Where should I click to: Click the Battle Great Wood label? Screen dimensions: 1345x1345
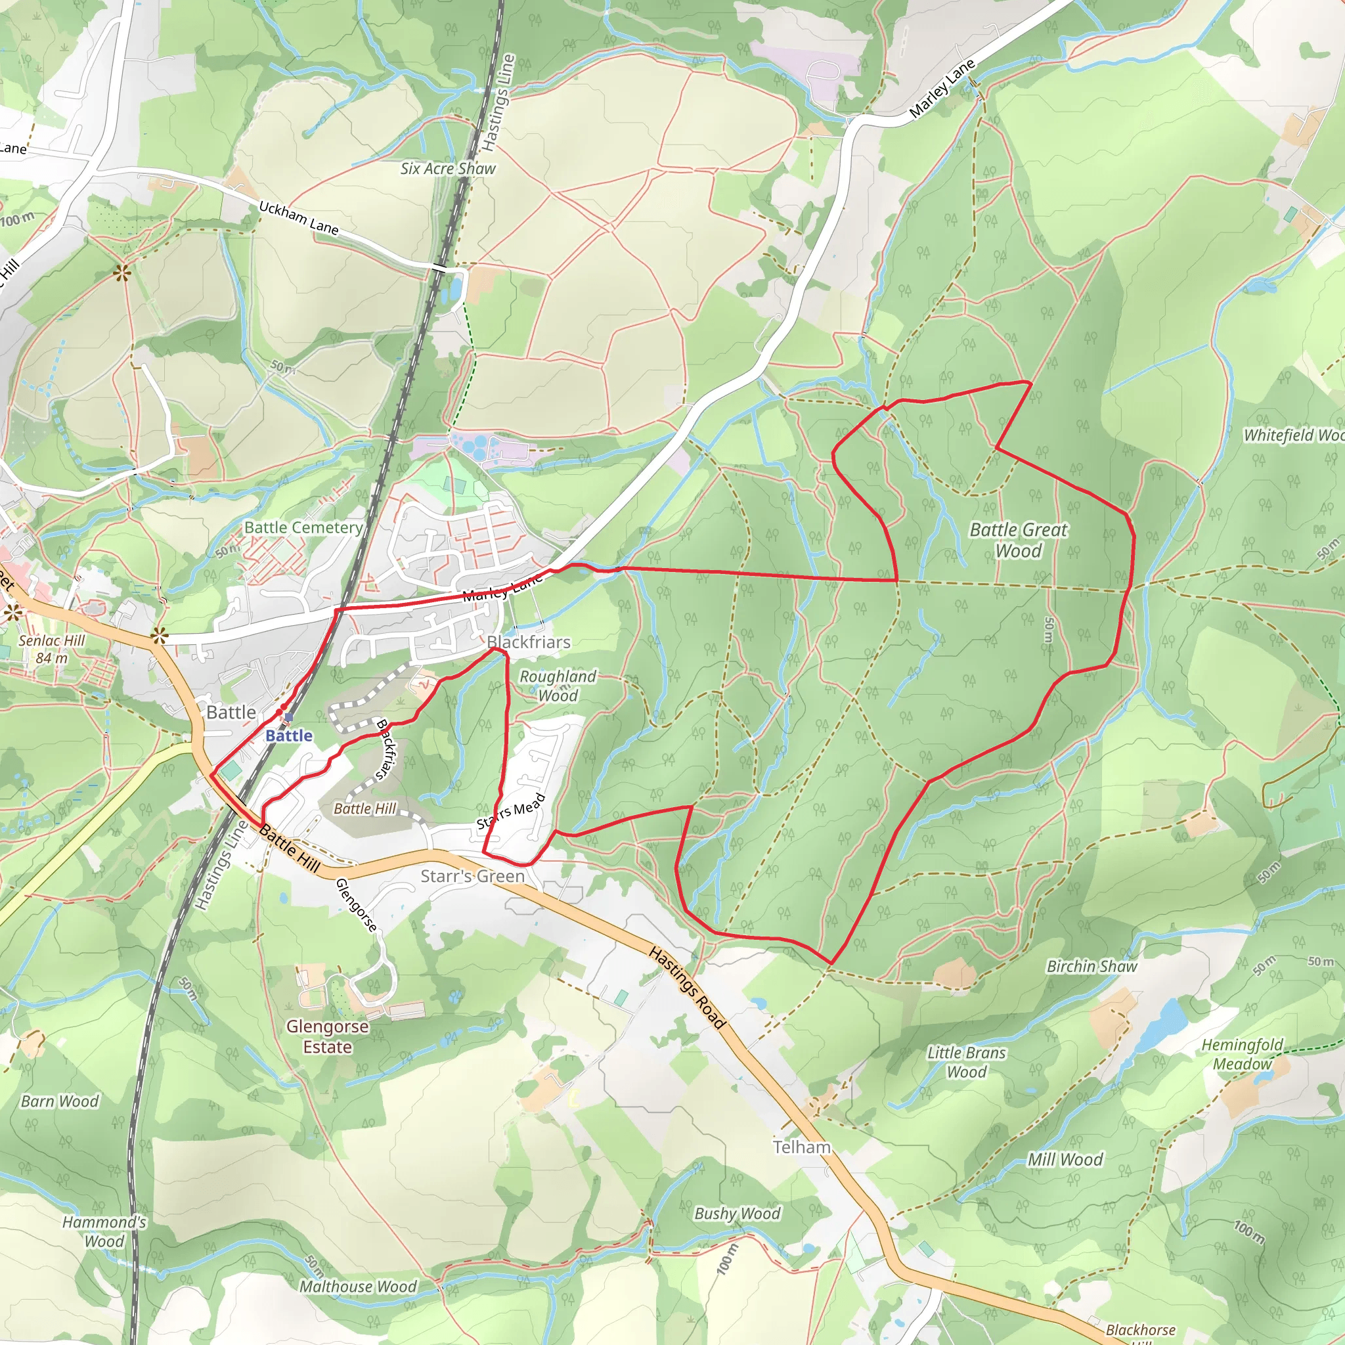[1018, 540]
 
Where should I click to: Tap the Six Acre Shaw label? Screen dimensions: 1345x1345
[448, 169]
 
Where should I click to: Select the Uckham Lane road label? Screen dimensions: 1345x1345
[298, 218]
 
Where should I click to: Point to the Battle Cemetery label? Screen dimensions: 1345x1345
[303, 528]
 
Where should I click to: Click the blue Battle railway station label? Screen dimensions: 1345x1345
[289, 736]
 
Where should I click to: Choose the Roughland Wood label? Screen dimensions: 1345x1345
[558, 686]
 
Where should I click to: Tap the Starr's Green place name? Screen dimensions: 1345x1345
[472, 876]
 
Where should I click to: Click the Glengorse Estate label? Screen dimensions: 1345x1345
[327, 1036]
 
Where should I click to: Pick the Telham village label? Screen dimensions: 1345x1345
[802, 1147]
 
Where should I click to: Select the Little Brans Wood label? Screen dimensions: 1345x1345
[966, 1063]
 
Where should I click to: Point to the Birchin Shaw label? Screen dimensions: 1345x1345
[1091, 966]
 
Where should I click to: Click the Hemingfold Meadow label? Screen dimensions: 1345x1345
[1242, 1054]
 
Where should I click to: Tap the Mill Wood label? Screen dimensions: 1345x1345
[1065, 1159]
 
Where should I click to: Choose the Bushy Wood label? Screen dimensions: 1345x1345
[738, 1214]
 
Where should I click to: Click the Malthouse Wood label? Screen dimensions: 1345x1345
[358, 1287]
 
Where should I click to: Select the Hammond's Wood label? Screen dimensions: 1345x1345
[104, 1231]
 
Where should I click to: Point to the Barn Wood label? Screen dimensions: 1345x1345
[60, 1101]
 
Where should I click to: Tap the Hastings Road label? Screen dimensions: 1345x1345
[687, 987]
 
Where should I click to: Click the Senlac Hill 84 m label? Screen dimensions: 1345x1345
[53, 649]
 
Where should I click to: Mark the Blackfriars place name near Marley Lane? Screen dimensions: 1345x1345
[529, 642]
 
